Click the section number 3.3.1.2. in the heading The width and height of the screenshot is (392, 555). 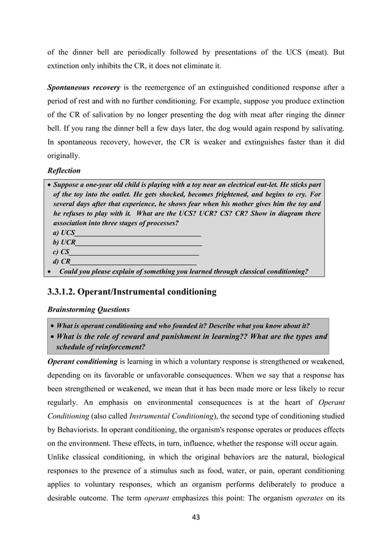click(68, 292)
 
